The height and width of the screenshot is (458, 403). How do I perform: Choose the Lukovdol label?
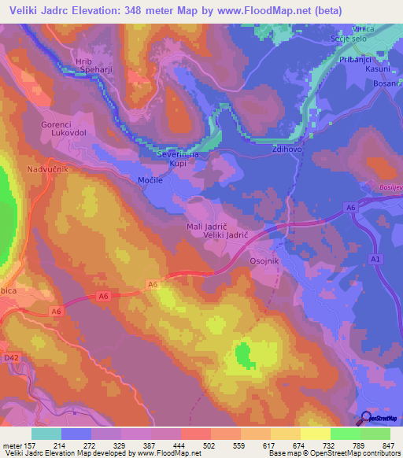67,135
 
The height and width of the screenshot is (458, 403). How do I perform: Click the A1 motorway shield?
375,259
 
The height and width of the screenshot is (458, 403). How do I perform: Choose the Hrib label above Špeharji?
83,60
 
